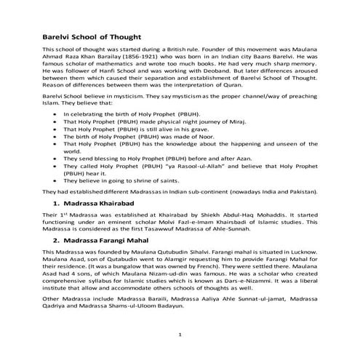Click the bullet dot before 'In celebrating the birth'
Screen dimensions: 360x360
click(57, 115)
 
